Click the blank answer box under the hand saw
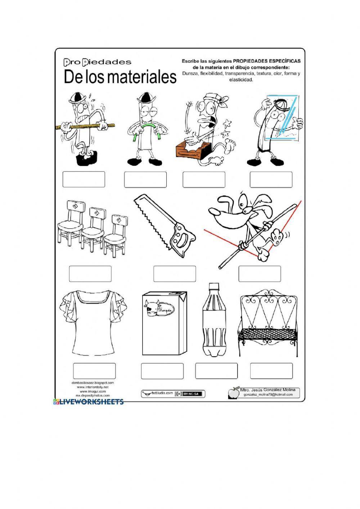[175, 274]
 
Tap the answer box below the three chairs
[90, 274]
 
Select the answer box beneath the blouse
[94, 371]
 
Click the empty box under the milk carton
[162, 371]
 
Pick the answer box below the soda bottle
[216, 371]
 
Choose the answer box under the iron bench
[271, 371]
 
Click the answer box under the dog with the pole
[259, 274]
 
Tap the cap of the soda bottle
[214, 286]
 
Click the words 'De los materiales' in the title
[120, 77]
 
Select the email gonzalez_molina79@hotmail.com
[268, 395]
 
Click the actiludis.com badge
[157, 393]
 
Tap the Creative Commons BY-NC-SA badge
[190, 394]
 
